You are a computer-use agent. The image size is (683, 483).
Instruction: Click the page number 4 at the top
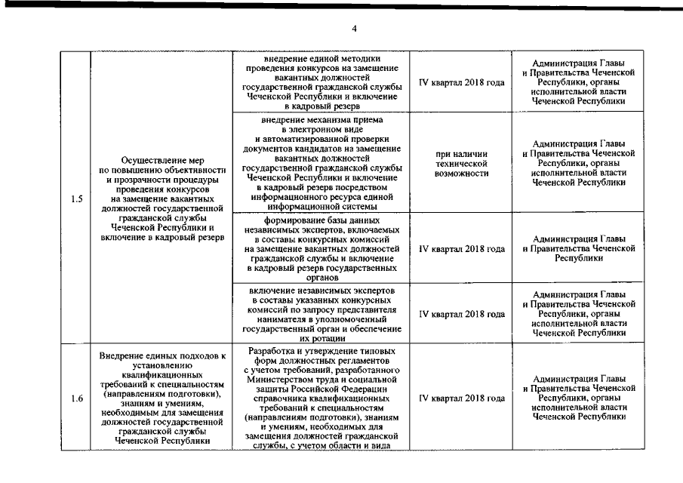(354, 29)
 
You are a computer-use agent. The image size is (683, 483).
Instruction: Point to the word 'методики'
(355, 58)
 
